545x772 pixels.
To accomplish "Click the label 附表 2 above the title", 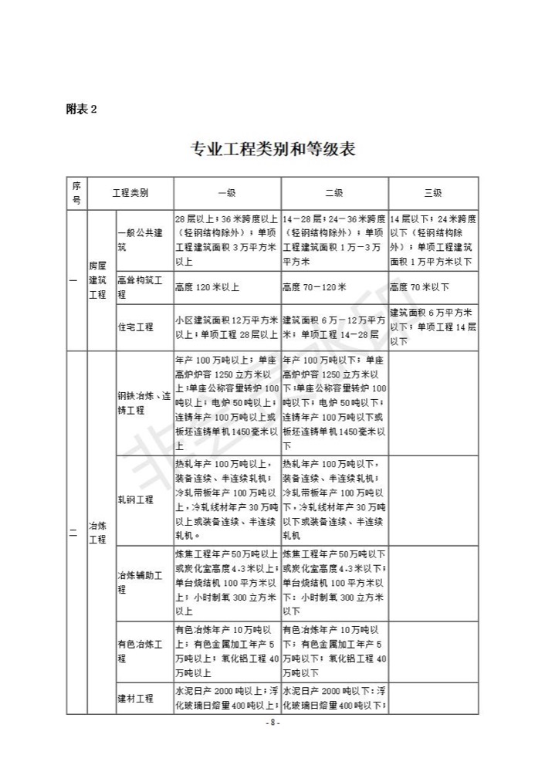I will (81, 109).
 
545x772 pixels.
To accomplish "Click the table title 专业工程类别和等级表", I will (272, 149).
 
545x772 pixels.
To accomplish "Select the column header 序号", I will (76, 193).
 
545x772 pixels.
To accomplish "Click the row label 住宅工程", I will (136, 327).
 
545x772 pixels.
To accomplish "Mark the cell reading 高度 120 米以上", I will (208, 287).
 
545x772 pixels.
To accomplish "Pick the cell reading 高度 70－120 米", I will (316, 287).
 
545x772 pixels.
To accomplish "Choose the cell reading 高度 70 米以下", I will (419, 287).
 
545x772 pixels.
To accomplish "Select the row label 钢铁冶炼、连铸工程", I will (144, 403).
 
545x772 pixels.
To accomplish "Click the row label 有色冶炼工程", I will (139, 651).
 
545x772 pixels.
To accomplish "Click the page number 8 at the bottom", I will (272, 723).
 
